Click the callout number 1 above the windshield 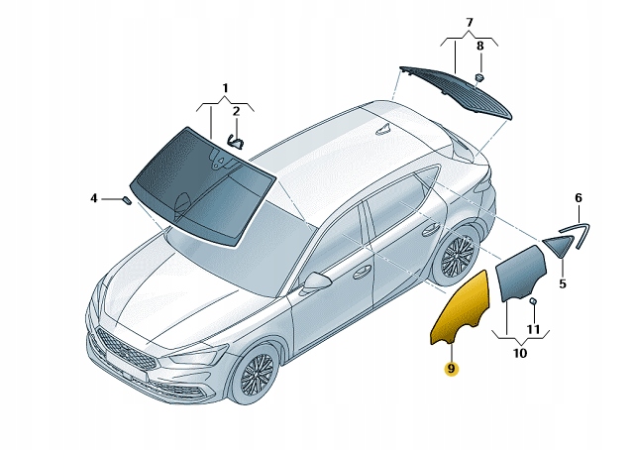[x=225, y=88]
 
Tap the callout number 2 [x=237, y=111]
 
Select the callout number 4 [x=94, y=198]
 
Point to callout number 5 [x=561, y=284]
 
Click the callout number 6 [x=579, y=197]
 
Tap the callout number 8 [x=480, y=46]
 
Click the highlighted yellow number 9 [x=450, y=369]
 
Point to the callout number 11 [x=533, y=328]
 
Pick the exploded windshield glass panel [x=203, y=183]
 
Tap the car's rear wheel [x=458, y=258]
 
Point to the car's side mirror [x=316, y=281]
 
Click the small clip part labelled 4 [x=127, y=199]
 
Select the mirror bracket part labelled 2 [x=236, y=141]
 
